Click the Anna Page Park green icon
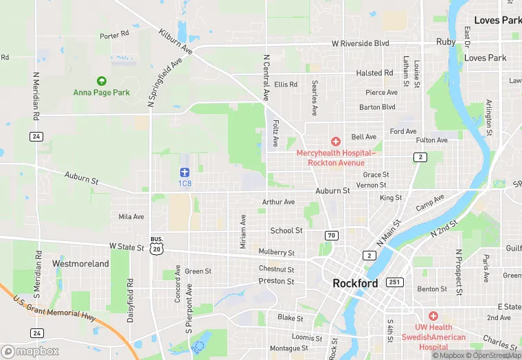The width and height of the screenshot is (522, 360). (102, 81)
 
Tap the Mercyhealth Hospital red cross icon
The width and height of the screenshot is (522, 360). (336, 141)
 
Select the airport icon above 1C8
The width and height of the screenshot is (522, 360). (184, 172)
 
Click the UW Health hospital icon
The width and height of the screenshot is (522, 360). (433, 315)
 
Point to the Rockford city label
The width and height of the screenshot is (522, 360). (355, 283)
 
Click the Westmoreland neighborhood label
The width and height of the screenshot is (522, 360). (80, 264)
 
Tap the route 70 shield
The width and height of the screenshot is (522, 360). (332, 236)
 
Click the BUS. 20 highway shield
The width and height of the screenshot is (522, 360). (157, 245)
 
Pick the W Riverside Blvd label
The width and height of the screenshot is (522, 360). (361, 43)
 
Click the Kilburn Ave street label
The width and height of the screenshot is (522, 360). (176, 42)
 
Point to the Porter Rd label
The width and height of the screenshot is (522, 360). (114, 34)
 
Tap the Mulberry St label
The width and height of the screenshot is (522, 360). (277, 254)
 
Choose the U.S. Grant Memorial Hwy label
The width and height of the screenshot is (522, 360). (51, 315)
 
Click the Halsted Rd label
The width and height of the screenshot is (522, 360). (374, 73)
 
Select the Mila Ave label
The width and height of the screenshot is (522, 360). (131, 216)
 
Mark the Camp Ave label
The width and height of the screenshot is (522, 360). (430, 202)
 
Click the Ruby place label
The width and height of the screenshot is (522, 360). (446, 42)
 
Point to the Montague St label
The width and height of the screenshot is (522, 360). (288, 348)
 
